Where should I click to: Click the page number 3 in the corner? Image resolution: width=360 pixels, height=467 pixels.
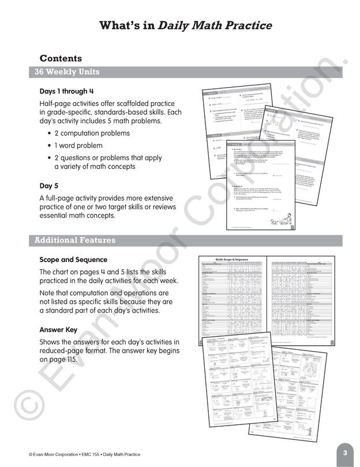click(344, 453)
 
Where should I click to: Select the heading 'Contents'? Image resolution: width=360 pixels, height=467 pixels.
click(61, 58)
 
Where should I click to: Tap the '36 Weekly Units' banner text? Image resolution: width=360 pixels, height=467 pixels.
click(67, 72)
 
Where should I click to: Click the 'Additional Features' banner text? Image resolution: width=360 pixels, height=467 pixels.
click(74, 240)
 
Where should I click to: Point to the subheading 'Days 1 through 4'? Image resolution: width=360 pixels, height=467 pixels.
click(63, 91)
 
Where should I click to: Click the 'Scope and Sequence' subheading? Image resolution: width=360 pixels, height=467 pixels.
click(73, 259)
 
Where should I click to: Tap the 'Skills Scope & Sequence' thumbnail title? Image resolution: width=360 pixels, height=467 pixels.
click(231, 260)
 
